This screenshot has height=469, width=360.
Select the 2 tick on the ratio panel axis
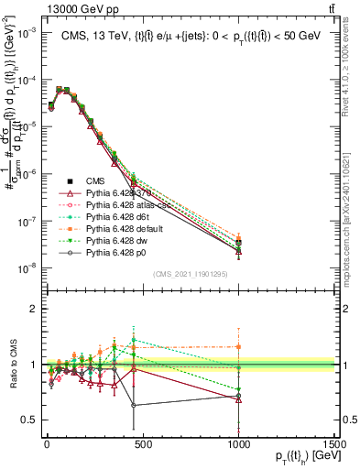(31, 309)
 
